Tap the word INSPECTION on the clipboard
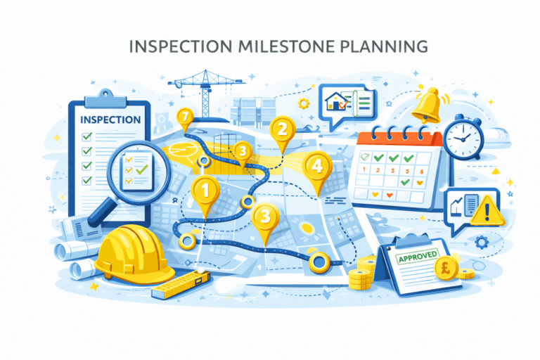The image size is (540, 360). [110, 120]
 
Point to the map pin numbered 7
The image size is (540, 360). [185, 118]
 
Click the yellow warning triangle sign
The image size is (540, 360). [485, 209]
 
